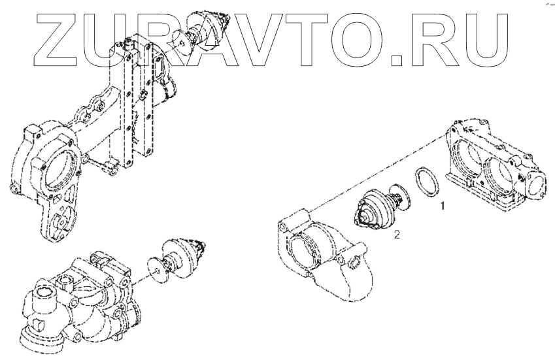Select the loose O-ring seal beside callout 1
pyautogui.click(x=426, y=182)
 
